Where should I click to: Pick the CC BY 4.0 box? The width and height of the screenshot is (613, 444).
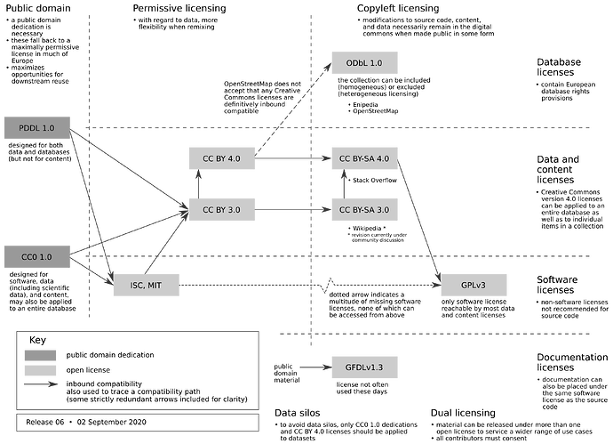[x=222, y=158]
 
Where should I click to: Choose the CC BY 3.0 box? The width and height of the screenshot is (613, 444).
[x=222, y=209]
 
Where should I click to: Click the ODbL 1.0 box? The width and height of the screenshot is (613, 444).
[x=358, y=64]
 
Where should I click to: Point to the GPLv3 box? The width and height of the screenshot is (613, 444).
[x=473, y=285]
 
